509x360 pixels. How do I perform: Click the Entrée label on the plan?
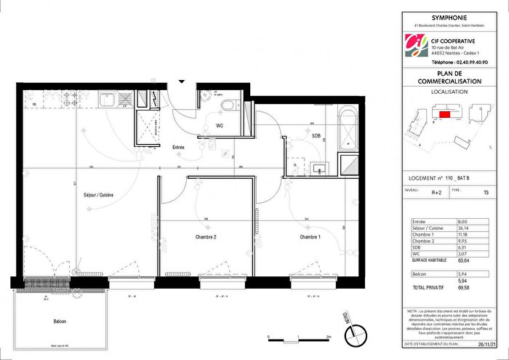click(178, 148)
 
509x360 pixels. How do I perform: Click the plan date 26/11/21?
click(484, 347)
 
